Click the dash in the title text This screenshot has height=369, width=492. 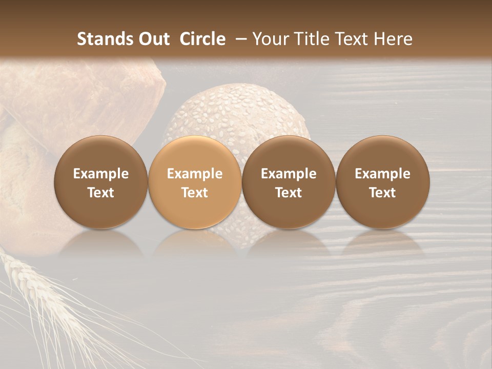(240, 39)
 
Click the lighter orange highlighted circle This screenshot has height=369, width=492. (195, 182)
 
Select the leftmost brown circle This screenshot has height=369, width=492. (101, 182)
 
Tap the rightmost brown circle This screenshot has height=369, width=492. (383, 182)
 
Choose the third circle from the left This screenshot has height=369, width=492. (289, 182)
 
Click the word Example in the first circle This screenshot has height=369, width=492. (101, 174)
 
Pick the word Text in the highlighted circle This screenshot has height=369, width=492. (195, 193)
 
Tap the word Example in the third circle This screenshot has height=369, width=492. (289, 174)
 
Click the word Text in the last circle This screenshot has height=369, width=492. (383, 193)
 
